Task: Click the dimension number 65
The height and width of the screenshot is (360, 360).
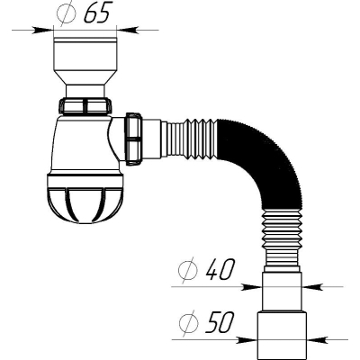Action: [95, 13]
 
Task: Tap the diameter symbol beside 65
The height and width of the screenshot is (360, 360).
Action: [67, 13]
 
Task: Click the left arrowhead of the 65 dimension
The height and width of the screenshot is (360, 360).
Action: [43, 30]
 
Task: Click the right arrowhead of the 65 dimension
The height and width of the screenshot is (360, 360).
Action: [127, 30]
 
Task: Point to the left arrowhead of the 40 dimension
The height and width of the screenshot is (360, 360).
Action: [251, 287]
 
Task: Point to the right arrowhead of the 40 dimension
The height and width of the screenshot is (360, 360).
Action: [312, 287]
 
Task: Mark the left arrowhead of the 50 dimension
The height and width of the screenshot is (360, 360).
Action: [247, 339]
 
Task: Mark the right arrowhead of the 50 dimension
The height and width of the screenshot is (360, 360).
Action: [318, 339]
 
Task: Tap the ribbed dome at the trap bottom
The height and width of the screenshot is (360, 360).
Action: [85, 200]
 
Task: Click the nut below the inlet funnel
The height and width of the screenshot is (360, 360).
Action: [85, 106]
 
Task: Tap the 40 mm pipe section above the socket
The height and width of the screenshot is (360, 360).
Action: [282, 292]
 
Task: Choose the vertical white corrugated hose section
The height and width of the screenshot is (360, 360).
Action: [281, 239]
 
